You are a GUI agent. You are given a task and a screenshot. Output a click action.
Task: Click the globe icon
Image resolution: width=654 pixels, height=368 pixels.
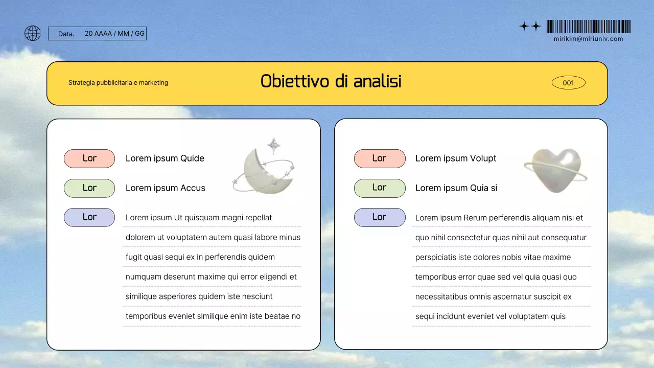tap(33, 33)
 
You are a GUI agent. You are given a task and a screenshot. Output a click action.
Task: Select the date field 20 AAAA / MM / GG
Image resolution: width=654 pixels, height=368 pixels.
tap(114, 34)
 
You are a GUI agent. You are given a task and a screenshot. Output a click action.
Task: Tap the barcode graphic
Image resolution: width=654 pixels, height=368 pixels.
tap(588, 27)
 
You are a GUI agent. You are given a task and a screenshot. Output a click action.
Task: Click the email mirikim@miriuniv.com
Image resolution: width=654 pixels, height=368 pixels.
tap(588, 39)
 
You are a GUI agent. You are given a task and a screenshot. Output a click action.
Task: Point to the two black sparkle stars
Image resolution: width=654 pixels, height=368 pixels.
tap(530, 26)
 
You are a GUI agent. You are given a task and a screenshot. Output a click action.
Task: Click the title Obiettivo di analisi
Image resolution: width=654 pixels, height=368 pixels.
tap(331, 82)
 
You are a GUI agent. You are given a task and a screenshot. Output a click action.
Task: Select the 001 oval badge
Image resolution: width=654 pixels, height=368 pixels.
tap(568, 83)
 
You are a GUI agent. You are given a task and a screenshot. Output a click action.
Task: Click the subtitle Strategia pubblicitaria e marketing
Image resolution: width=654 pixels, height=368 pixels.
tap(118, 83)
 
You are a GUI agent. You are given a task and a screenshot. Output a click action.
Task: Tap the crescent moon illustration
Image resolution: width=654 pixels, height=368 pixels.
tap(263, 169)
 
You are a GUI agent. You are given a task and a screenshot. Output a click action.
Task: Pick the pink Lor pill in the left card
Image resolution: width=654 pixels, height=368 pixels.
tap(89, 158)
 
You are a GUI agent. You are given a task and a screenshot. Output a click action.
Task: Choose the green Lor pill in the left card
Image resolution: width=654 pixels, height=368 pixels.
tap(89, 188)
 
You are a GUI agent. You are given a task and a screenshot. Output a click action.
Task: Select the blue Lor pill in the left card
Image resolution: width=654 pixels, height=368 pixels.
tap(89, 217)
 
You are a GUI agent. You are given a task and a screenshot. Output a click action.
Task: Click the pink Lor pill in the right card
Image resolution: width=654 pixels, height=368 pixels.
tap(379, 158)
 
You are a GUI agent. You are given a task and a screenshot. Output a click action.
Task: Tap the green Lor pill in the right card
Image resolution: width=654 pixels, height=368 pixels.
tap(379, 188)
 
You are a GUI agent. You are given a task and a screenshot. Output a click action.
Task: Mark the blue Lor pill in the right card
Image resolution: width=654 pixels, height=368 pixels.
tap(379, 217)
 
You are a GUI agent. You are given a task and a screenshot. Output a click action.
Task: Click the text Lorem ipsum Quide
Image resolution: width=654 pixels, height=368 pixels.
tap(165, 158)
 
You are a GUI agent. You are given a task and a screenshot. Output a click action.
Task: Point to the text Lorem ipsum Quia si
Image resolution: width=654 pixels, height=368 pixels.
tap(456, 188)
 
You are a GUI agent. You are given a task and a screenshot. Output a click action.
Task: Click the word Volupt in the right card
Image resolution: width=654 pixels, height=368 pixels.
tap(483, 158)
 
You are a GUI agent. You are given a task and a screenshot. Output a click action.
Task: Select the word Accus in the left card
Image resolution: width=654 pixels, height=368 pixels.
tap(193, 188)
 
